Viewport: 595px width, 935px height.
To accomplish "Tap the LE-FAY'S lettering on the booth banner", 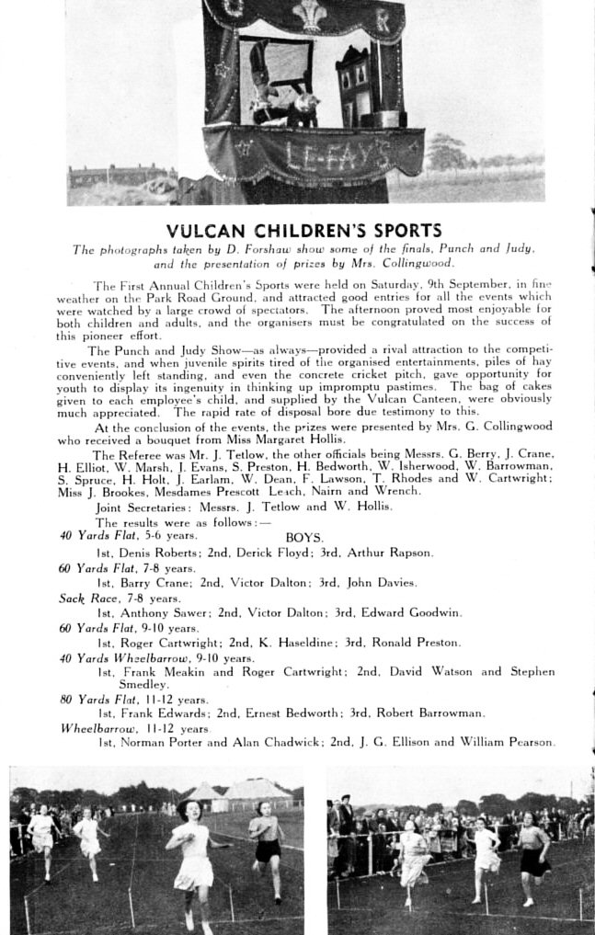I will (314, 151).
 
